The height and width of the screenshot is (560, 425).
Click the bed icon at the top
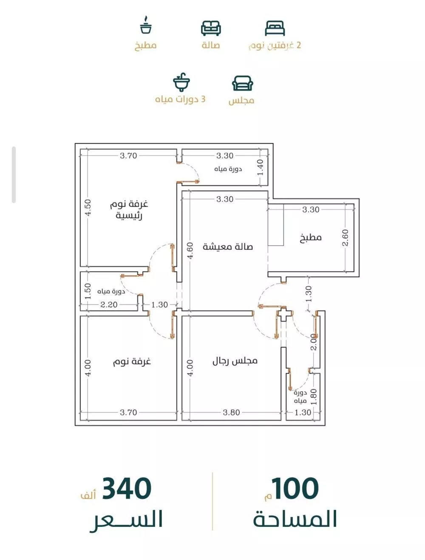click(x=275, y=28)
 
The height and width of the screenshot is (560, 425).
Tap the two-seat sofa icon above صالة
click(x=211, y=28)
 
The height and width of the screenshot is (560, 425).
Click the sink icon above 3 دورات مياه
click(x=181, y=83)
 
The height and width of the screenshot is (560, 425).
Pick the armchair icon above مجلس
click(x=242, y=83)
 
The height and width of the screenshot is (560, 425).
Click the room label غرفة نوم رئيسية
click(x=129, y=210)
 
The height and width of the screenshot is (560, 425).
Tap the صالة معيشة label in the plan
click(x=228, y=247)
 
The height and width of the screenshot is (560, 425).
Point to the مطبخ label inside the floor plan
click(x=311, y=238)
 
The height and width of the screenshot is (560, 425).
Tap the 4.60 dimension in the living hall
click(x=191, y=251)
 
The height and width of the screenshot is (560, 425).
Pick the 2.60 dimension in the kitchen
click(x=345, y=238)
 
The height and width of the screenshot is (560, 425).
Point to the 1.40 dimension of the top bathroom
click(x=260, y=168)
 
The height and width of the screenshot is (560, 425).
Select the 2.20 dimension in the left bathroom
click(x=109, y=304)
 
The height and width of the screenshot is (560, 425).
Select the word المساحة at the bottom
click(x=295, y=519)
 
